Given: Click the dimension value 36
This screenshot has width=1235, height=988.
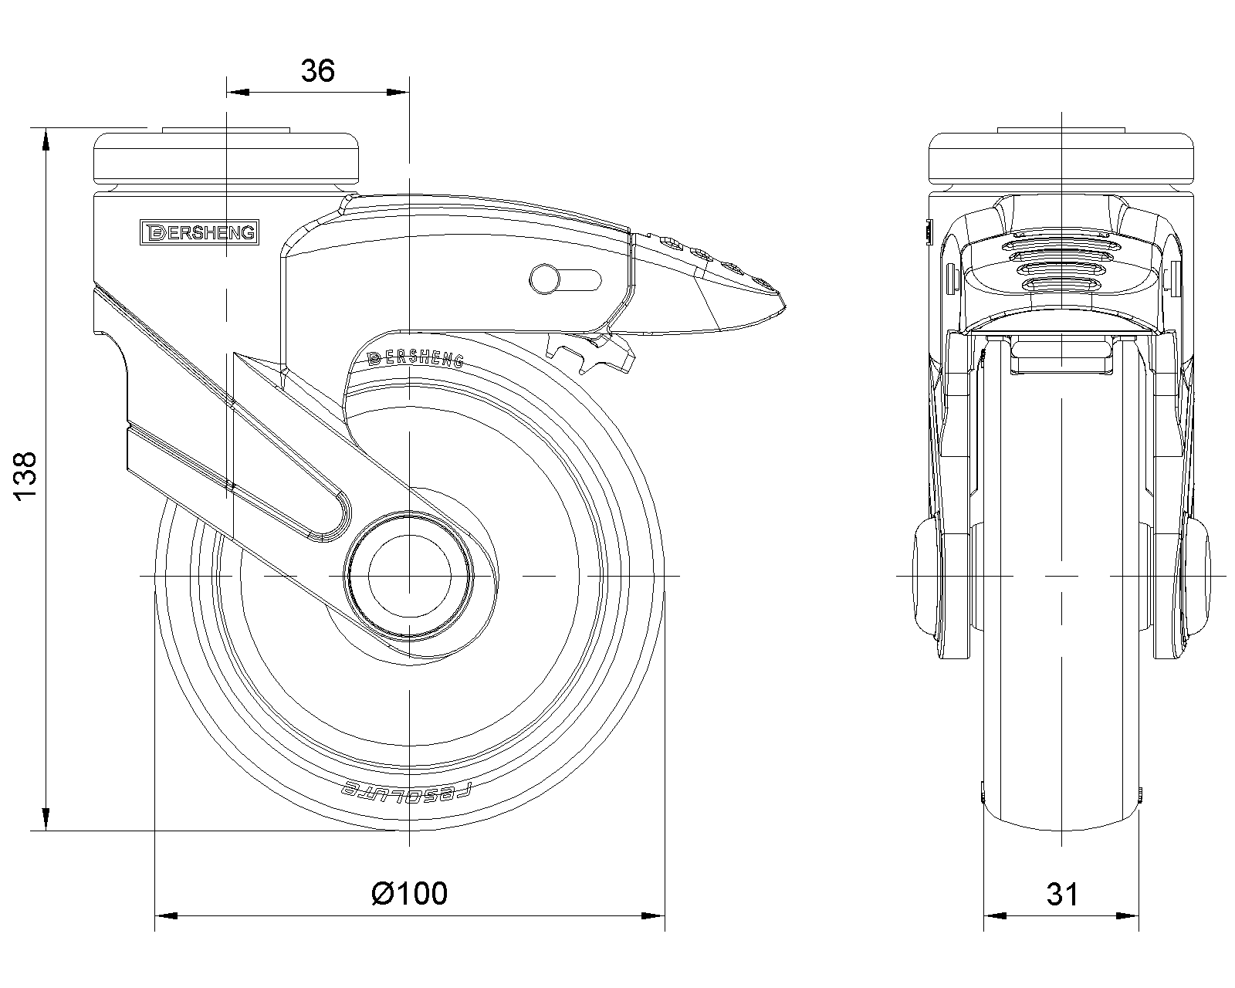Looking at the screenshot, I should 317,71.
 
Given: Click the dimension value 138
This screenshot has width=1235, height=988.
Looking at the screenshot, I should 25,478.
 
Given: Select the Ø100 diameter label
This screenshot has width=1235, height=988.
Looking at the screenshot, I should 409,893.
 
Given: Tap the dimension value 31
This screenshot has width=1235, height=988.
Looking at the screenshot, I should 1062,895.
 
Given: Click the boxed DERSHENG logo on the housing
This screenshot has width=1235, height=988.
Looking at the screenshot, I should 198,232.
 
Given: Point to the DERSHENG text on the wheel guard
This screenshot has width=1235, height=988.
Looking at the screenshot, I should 415,357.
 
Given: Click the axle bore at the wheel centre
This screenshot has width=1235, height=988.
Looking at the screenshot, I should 409,575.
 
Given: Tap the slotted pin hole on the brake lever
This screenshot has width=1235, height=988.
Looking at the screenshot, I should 565,279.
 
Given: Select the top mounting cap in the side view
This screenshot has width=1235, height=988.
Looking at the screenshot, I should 227,157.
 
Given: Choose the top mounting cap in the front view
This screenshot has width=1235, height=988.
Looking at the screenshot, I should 1062,157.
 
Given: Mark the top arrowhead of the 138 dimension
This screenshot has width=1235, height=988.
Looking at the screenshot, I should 46,139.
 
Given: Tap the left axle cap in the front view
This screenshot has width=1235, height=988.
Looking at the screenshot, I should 925,576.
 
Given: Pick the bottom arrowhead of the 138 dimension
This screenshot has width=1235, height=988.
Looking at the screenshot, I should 46,819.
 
